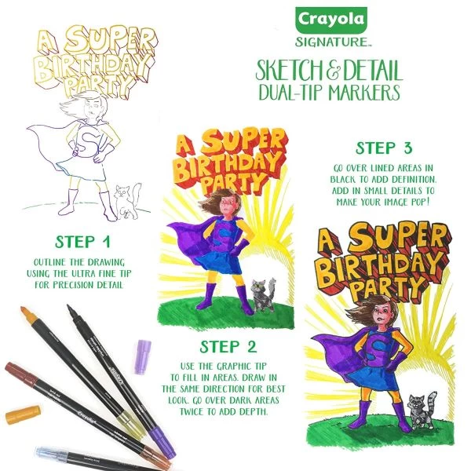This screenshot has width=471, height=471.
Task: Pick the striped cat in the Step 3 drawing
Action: click(x=427, y=408)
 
